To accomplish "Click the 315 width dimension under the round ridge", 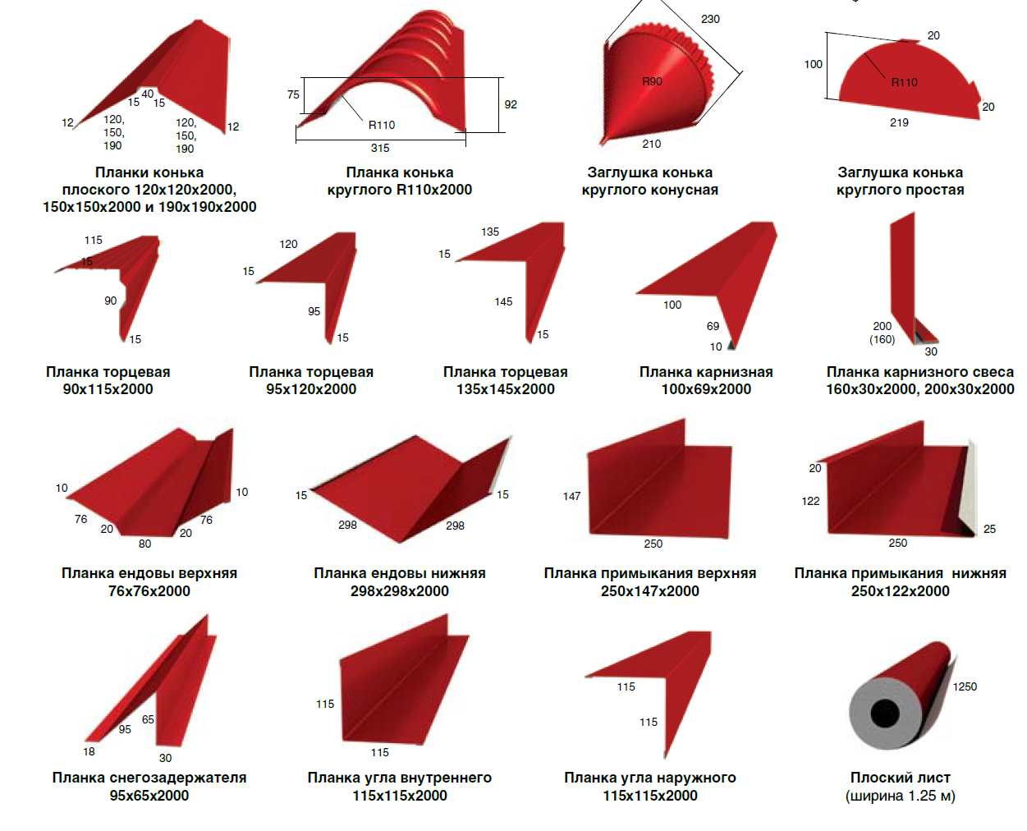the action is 380,148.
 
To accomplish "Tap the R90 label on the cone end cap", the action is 652,81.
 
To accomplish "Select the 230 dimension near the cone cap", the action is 710,19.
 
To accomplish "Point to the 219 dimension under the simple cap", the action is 899,122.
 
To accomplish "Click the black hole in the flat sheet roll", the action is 885,713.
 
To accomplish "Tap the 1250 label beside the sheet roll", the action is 965,686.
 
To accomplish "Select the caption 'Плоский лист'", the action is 901,777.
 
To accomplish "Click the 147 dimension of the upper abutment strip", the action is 572,496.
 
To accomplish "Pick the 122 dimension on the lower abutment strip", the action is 810,501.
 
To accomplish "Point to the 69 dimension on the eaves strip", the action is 713,327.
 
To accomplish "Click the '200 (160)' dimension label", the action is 883,333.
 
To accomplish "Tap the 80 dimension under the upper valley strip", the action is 144,544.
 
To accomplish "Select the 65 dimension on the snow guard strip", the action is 148,719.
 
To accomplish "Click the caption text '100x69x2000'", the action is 706,389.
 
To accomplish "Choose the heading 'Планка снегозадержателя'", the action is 149,778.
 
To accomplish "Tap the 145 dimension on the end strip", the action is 503,302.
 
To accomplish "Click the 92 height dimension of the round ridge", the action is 511,104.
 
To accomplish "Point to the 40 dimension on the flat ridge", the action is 148,94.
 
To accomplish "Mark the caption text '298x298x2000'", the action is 400,591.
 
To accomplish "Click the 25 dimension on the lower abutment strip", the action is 989,529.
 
